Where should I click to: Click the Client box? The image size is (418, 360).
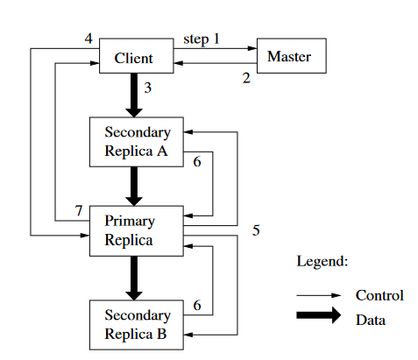pos(133,58)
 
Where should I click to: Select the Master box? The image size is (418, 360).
pos(288,57)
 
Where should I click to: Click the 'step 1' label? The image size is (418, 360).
pos(202,40)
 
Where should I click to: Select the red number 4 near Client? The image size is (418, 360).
pos(88,39)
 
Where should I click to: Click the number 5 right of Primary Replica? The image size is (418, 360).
pos(256,230)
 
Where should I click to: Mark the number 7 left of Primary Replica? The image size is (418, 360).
pos(78,211)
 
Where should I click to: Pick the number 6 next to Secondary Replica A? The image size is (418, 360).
pos(197,162)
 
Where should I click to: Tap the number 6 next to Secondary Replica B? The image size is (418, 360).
pos(197,306)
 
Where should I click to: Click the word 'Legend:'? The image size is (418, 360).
pos(322,262)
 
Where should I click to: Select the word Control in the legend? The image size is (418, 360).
pos(379,295)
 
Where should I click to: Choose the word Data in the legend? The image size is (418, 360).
pos(370,320)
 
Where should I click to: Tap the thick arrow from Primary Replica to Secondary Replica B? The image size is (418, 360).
pos(133,277)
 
